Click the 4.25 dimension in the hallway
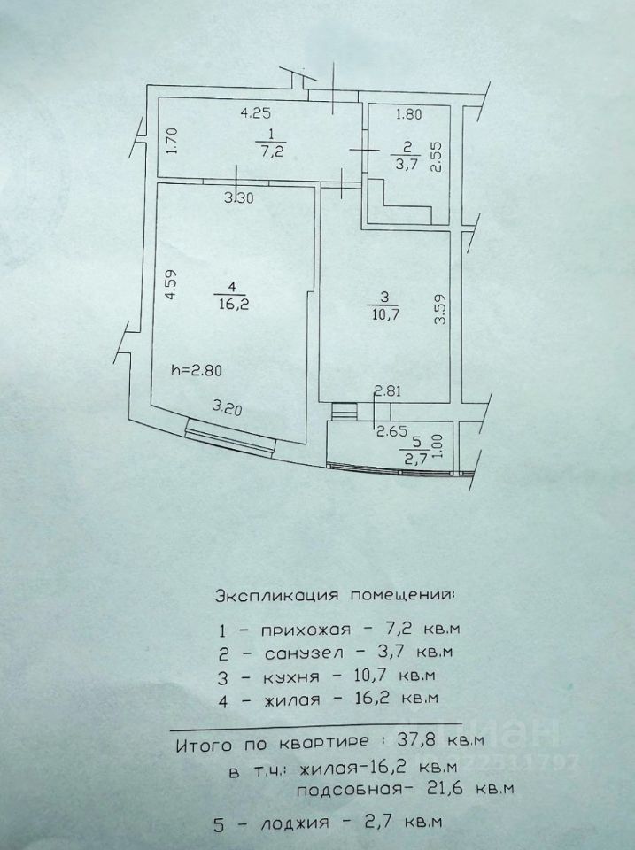pyautogui.click(x=255, y=112)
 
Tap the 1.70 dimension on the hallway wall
pyautogui.click(x=173, y=142)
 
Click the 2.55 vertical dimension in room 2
pyautogui.click(x=437, y=155)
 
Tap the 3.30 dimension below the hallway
pyautogui.click(x=238, y=197)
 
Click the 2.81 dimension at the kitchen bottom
pyautogui.click(x=388, y=390)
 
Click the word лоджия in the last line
pyautogui.click(x=291, y=823)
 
